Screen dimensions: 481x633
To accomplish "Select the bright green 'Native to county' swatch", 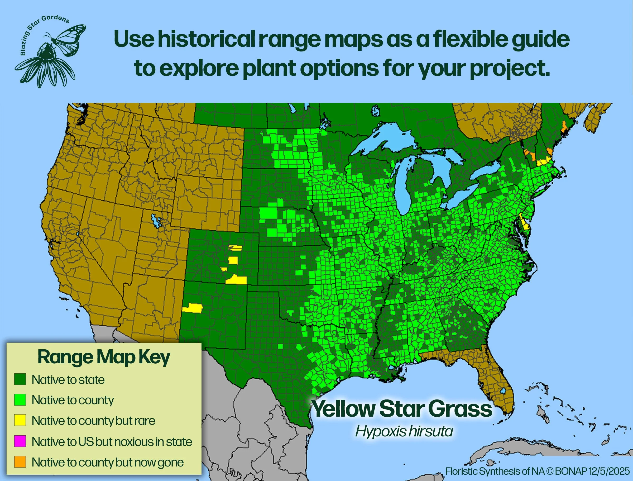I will pyautogui.click(x=20, y=400).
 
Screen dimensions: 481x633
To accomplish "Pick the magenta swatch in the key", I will pyautogui.click(x=20, y=441).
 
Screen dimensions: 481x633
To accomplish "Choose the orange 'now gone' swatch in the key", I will pyautogui.click(x=20, y=462).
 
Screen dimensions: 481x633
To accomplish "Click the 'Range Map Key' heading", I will pyautogui.click(x=104, y=357).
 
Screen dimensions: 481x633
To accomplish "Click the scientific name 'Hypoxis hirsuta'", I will pyautogui.click(x=404, y=431).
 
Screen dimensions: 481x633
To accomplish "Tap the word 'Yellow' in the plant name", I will pyautogui.click(x=343, y=409).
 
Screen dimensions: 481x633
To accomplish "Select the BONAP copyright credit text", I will pyautogui.click(x=538, y=471).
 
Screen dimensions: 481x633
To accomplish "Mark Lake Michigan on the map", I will pyautogui.click(x=402, y=189).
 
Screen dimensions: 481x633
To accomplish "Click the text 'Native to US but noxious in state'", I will pyautogui.click(x=112, y=441).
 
